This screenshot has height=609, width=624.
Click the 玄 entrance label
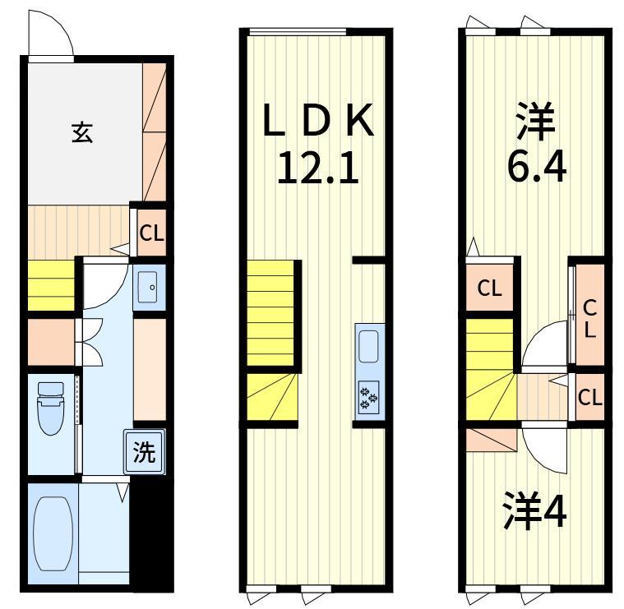83,133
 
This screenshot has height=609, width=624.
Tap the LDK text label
318,120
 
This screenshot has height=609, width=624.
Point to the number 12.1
318,168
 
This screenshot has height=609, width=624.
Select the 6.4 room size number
537,168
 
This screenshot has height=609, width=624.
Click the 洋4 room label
534,511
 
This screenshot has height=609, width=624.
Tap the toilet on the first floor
51,408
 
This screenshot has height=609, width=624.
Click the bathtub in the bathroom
53,534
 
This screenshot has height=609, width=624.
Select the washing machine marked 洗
144,452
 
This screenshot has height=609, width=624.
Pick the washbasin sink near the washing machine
150,287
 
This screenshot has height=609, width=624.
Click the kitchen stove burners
369,398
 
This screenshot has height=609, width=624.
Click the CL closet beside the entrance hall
151,233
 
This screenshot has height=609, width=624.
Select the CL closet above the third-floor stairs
489,288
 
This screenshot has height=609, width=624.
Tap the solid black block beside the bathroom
151,534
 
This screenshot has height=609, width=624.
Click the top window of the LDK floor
297,32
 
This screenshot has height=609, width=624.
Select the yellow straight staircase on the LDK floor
270,313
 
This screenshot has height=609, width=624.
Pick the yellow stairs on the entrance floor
51,285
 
